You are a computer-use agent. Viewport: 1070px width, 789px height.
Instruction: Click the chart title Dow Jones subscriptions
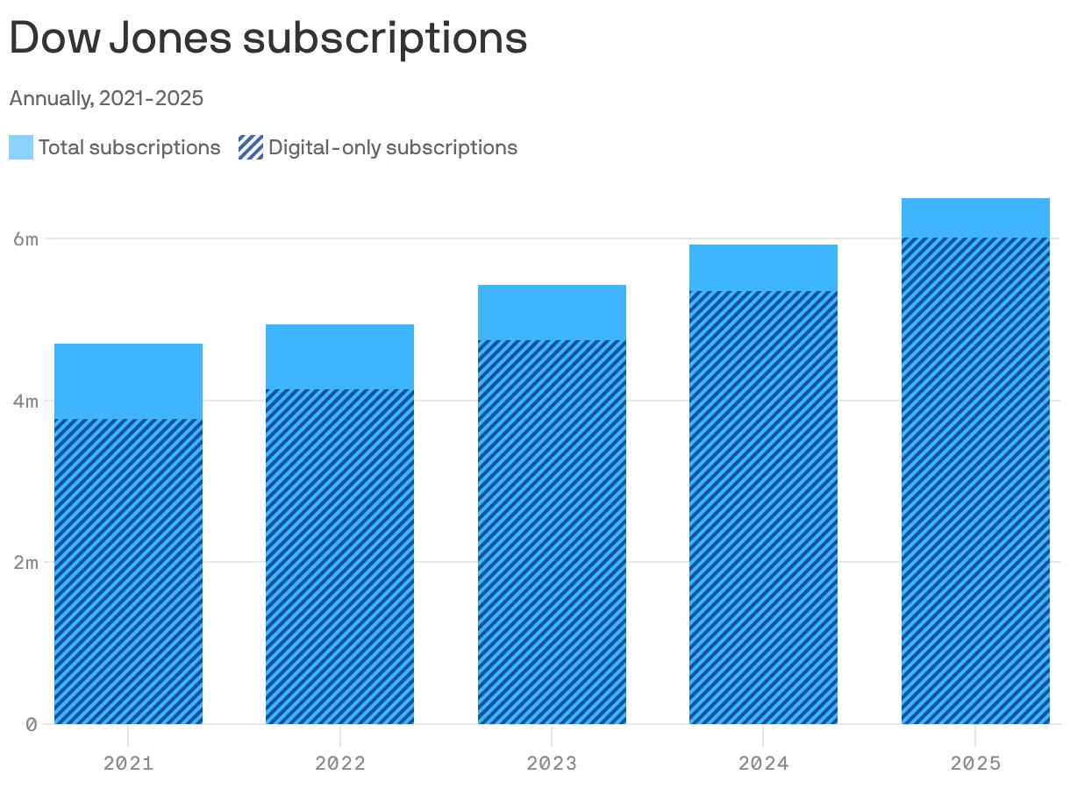[x=268, y=38]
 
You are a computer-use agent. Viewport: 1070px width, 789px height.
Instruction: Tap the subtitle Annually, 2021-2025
[x=106, y=98]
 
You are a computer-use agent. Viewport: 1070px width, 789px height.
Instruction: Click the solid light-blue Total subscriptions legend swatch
[x=21, y=147]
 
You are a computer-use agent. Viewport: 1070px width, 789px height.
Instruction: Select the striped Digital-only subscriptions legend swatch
[x=251, y=147]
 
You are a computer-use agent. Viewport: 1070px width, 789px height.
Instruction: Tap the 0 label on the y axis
[x=31, y=724]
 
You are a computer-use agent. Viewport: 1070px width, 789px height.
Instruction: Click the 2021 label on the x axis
[x=128, y=763]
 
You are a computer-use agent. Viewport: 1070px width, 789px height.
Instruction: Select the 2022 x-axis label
[x=340, y=763]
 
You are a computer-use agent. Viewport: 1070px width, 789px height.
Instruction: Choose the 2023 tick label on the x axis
[x=552, y=763]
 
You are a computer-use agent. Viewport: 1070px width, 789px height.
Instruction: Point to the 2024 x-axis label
[x=763, y=763]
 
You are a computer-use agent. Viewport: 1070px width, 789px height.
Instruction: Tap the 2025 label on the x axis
[x=975, y=763]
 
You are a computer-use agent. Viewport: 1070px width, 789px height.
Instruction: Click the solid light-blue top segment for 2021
[x=128, y=381]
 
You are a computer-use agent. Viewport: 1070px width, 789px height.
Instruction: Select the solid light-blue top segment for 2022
[x=340, y=357]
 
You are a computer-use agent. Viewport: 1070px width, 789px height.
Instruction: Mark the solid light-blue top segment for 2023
[x=552, y=312]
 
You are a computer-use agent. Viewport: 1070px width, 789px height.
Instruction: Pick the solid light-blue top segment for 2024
[x=763, y=267]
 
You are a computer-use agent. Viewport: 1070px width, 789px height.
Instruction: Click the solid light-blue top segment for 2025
[x=975, y=217]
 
